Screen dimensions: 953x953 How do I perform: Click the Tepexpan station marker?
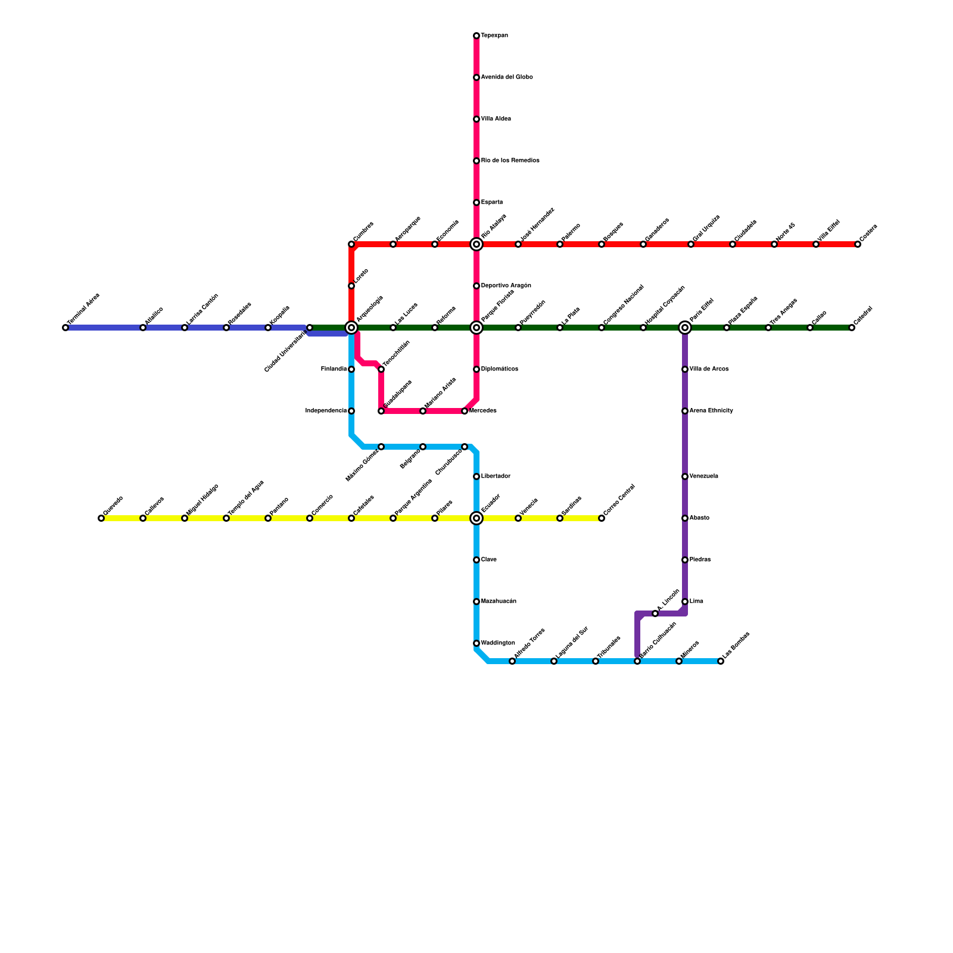[476, 36]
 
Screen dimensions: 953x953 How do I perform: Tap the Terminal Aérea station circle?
[66, 328]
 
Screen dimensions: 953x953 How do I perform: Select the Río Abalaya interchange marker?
[476, 244]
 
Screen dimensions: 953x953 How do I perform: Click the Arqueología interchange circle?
[351, 328]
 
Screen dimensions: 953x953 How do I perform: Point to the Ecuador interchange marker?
[476, 518]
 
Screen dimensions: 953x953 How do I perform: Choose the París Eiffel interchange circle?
[685, 328]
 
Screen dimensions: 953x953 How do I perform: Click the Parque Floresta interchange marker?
[476, 328]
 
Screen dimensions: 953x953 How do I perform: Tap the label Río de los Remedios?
[510, 161]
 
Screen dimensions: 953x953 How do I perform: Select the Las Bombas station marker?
[721, 661]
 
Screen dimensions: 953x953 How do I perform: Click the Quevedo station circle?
[101, 518]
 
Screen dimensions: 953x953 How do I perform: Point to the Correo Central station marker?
[602, 518]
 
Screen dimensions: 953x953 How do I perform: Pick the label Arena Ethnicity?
[711, 411]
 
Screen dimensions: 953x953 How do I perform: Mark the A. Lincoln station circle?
[655, 613]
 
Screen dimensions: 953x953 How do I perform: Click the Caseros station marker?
[858, 244]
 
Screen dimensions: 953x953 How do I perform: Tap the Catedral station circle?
[852, 328]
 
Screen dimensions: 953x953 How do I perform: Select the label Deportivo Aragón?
[506, 286]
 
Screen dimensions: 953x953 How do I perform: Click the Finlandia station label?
[334, 369]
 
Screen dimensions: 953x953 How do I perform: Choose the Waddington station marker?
[476, 643]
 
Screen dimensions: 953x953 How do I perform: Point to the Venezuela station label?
[703, 476]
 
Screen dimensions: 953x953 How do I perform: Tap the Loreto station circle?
[351, 286]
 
